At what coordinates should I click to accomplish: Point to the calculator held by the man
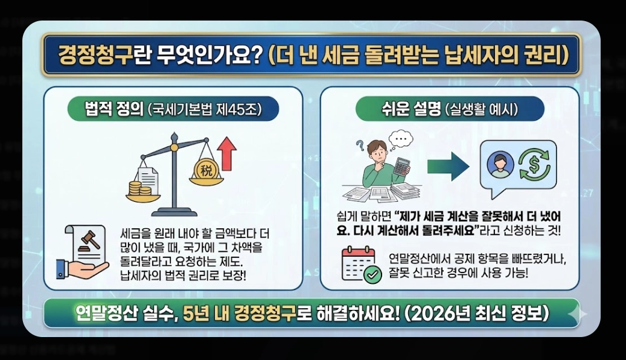pos(402,169)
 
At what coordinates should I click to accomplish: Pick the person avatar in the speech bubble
pos(500,164)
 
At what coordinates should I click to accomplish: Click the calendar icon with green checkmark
pos(361,265)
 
